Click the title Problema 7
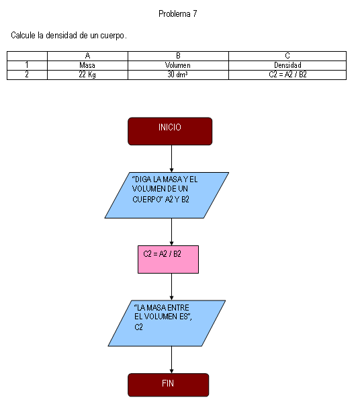(178, 13)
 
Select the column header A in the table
(87, 56)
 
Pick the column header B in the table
(178, 56)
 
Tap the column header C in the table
(287, 56)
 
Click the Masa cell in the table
(87, 65)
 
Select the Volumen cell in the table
(178, 65)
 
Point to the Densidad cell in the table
(287, 65)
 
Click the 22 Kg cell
(87, 75)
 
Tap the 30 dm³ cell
(178, 75)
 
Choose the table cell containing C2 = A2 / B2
(287, 75)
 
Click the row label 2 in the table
(27, 75)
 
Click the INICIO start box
(170, 131)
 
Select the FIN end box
(168, 385)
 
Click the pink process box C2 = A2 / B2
(168, 259)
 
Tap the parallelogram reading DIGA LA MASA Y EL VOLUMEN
(167, 196)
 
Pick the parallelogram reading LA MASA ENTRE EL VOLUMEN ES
(167, 323)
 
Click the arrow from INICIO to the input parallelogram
(171, 159)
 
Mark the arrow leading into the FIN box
(171, 360)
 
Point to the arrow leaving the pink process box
(171, 286)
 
